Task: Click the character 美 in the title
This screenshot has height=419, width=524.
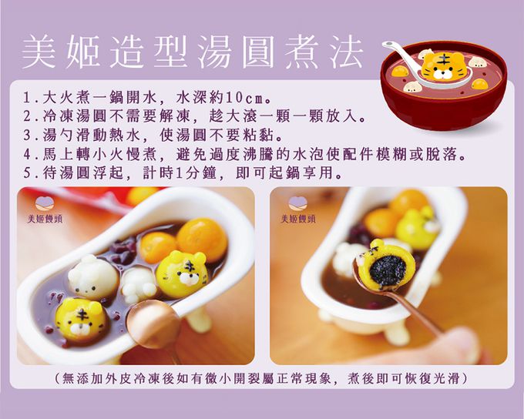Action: coord(39,52)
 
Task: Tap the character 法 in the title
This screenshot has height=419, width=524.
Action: coord(346,52)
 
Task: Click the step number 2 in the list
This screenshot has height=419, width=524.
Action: coord(28,116)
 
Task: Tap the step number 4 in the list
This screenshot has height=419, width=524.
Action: coord(28,154)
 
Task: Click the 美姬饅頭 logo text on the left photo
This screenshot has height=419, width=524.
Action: coord(45,220)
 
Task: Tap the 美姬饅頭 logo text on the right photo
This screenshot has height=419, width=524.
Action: coord(298,220)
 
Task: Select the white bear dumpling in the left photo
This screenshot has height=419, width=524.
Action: coord(93,276)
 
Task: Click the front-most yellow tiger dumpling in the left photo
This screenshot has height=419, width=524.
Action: coord(81,320)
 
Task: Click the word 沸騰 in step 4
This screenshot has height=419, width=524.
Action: coord(257,154)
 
